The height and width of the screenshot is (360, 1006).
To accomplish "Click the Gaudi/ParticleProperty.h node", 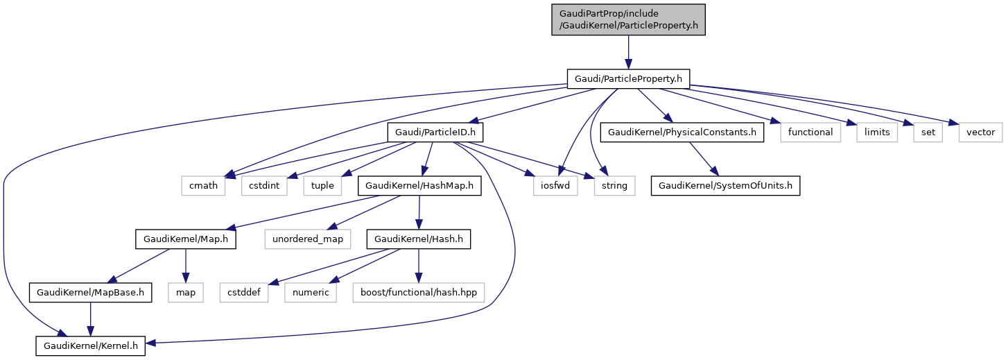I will click(x=628, y=79).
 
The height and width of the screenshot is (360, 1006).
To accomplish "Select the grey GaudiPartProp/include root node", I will click(x=628, y=19).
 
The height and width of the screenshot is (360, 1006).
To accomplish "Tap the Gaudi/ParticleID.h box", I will click(x=435, y=132).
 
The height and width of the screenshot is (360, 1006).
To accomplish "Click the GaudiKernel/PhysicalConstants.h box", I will click(x=682, y=132).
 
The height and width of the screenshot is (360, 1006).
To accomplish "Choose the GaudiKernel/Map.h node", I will click(x=186, y=239).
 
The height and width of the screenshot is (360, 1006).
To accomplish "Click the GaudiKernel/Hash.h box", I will click(x=419, y=239).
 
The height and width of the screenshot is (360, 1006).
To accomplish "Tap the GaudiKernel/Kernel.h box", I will click(x=91, y=345).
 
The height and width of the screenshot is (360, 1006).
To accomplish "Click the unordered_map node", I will click(x=308, y=239).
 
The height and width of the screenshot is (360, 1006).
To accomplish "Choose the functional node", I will click(x=810, y=132).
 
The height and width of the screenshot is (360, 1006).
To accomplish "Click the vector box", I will click(x=980, y=132).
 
